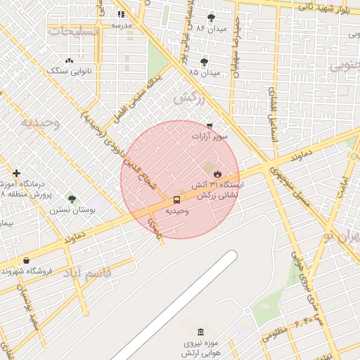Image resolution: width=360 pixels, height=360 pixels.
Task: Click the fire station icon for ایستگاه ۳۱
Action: [x=217, y=174]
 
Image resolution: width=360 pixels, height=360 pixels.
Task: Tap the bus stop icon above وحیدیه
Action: [x=176, y=200]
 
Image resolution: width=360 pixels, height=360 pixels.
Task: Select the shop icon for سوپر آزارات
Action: [x=210, y=126]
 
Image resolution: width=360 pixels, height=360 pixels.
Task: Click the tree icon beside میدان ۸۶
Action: [x=212, y=18]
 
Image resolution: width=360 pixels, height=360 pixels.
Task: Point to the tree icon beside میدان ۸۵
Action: [x=205, y=62]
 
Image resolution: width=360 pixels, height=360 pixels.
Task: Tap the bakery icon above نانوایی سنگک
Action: [x=69, y=61]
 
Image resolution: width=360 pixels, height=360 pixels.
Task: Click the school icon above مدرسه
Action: [x=122, y=14]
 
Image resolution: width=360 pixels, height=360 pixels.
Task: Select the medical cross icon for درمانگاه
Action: [x=16, y=173]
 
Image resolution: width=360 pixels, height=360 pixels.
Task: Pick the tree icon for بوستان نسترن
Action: [x=71, y=199]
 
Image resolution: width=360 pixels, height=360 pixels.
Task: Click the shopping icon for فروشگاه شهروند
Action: [x=26, y=260]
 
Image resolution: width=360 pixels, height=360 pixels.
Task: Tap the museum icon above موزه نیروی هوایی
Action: [x=201, y=332]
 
